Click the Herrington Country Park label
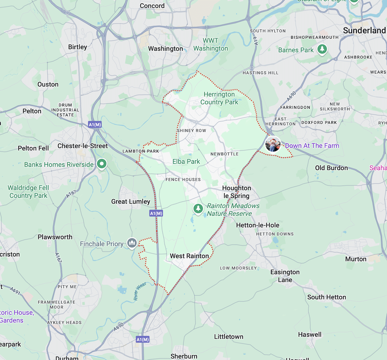(219, 98)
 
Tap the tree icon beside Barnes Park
(322, 50)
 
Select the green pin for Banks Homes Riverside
(101, 164)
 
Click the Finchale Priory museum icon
(132, 243)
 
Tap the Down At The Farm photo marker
(273, 145)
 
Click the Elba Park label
(186, 161)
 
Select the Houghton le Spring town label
(236, 192)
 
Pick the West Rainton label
(189, 256)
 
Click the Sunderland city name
(364, 31)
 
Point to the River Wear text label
(140, 291)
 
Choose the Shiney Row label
(192, 130)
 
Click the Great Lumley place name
(130, 201)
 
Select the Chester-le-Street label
(82, 146)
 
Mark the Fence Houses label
(183, 180)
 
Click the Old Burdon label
(331, 168)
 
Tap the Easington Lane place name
(285, 276)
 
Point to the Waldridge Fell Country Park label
(28, 192)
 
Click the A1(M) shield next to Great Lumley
(156, 213)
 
